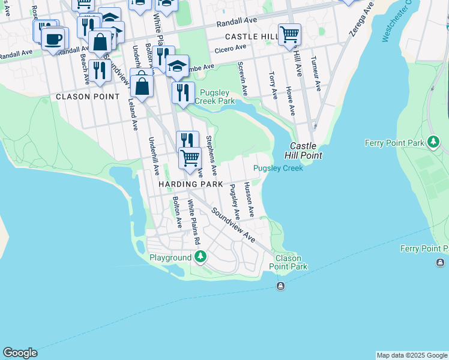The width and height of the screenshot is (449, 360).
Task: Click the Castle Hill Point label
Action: (306, 151)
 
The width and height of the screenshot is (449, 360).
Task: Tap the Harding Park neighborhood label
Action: (190, 184)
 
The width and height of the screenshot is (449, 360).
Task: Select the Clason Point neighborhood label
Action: (80, 97)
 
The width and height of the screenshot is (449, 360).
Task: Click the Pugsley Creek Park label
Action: (217, 97)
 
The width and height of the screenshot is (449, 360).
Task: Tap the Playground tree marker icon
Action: (200, 257)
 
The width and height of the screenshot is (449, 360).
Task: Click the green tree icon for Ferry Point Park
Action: (433, 142)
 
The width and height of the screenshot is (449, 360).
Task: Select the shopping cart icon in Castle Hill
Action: (289, 34)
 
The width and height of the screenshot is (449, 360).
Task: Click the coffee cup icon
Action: (53, 39)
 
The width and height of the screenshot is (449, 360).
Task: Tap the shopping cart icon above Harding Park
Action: (190, 158)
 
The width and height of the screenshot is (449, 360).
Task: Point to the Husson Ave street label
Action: (249, 200)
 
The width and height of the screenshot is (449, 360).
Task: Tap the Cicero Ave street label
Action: (231, 47)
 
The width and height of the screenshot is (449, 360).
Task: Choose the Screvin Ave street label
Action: (243, 79)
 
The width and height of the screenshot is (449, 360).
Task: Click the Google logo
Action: (20, 353)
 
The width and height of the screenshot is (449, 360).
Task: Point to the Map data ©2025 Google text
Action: (412, 355)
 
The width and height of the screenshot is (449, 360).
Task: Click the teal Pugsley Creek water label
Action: (278, 168)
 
